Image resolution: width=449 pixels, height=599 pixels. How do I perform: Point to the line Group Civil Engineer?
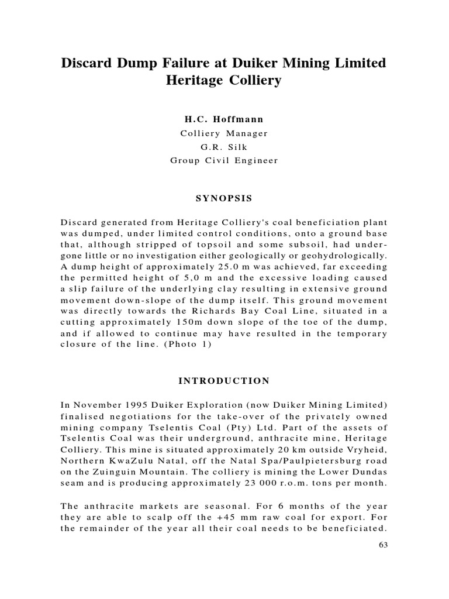[224, 160]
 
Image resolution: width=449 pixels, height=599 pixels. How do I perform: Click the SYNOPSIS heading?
[224, 199]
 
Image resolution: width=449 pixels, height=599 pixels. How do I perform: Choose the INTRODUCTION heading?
[224, 381]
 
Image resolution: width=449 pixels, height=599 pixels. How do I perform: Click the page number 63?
[382, 545]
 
